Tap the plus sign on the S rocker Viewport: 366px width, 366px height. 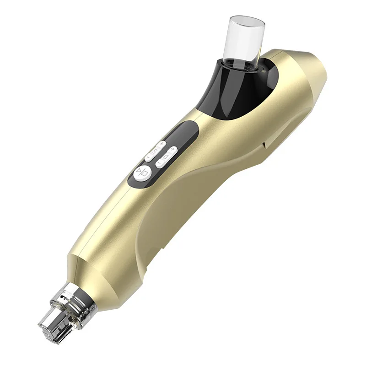point(162,143)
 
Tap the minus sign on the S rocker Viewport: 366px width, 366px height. point(148,158)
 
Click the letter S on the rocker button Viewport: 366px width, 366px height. point(155,151)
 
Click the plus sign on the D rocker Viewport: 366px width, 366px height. point(172,149)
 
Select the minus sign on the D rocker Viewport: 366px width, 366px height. point(158,163)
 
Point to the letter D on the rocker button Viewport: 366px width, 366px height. point(165,156)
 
